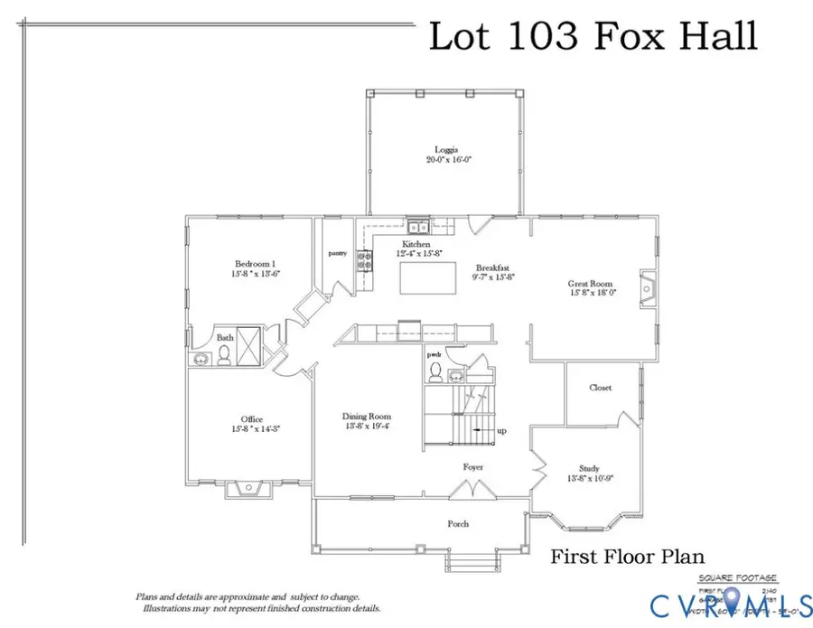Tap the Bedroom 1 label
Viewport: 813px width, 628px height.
click(x=246, y=265)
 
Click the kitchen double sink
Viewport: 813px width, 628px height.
click(x=417, y=227)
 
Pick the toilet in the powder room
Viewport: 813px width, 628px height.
click(x=435, y=370)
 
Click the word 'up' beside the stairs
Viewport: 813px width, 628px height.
click(x=501, y=431)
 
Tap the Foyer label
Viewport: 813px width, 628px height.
click(x=472, y=467)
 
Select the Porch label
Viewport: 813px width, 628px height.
click(x=459, y=523)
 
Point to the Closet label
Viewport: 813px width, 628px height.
click(x=600, y=388)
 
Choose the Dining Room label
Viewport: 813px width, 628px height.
click(x=367, y=416)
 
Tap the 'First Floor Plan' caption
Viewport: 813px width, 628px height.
click(x=627, y=558)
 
